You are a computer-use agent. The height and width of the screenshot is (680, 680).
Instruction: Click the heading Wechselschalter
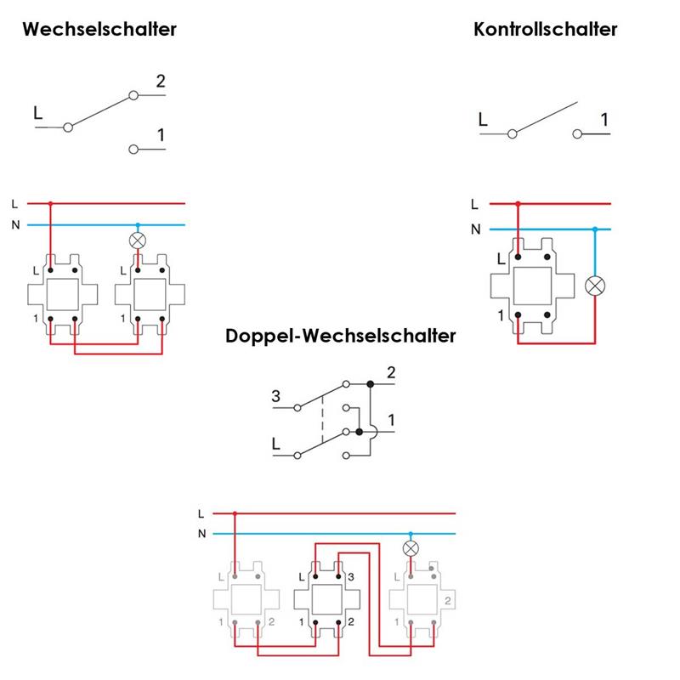[x=99, y=29]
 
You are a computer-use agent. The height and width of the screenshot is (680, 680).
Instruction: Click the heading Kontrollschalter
[x=545, y=29]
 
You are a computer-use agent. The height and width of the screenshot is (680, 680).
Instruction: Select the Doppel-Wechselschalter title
[x=341, y=336]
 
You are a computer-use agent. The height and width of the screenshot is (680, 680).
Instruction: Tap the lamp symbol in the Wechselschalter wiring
[x=136, y=241]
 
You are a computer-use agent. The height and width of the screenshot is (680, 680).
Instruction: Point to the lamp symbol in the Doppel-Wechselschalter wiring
[x=411, y=548]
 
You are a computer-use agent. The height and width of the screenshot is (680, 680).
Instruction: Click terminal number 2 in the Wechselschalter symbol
[x=161, y=82]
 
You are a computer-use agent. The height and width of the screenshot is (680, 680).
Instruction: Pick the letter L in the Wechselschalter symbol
[x=37, y=112]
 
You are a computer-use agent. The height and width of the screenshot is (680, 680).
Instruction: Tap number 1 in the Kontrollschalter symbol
[x=604, y=120]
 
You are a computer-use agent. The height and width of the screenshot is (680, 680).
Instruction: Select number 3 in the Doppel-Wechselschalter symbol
[x=275, y=396]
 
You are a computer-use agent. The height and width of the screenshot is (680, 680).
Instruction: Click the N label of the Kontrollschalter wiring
[x=475, y=229]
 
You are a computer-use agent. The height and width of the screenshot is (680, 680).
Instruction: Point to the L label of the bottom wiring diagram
[x=201, y=513]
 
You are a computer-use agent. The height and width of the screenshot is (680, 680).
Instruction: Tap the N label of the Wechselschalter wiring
[x=14, y=225]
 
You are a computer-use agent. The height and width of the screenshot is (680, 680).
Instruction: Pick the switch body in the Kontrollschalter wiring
[x=530, y=285]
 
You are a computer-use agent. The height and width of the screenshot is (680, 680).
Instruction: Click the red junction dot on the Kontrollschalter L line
[x=518, y=204]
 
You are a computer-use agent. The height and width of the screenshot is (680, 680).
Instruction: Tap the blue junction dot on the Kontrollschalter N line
[x=596, y=229]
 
